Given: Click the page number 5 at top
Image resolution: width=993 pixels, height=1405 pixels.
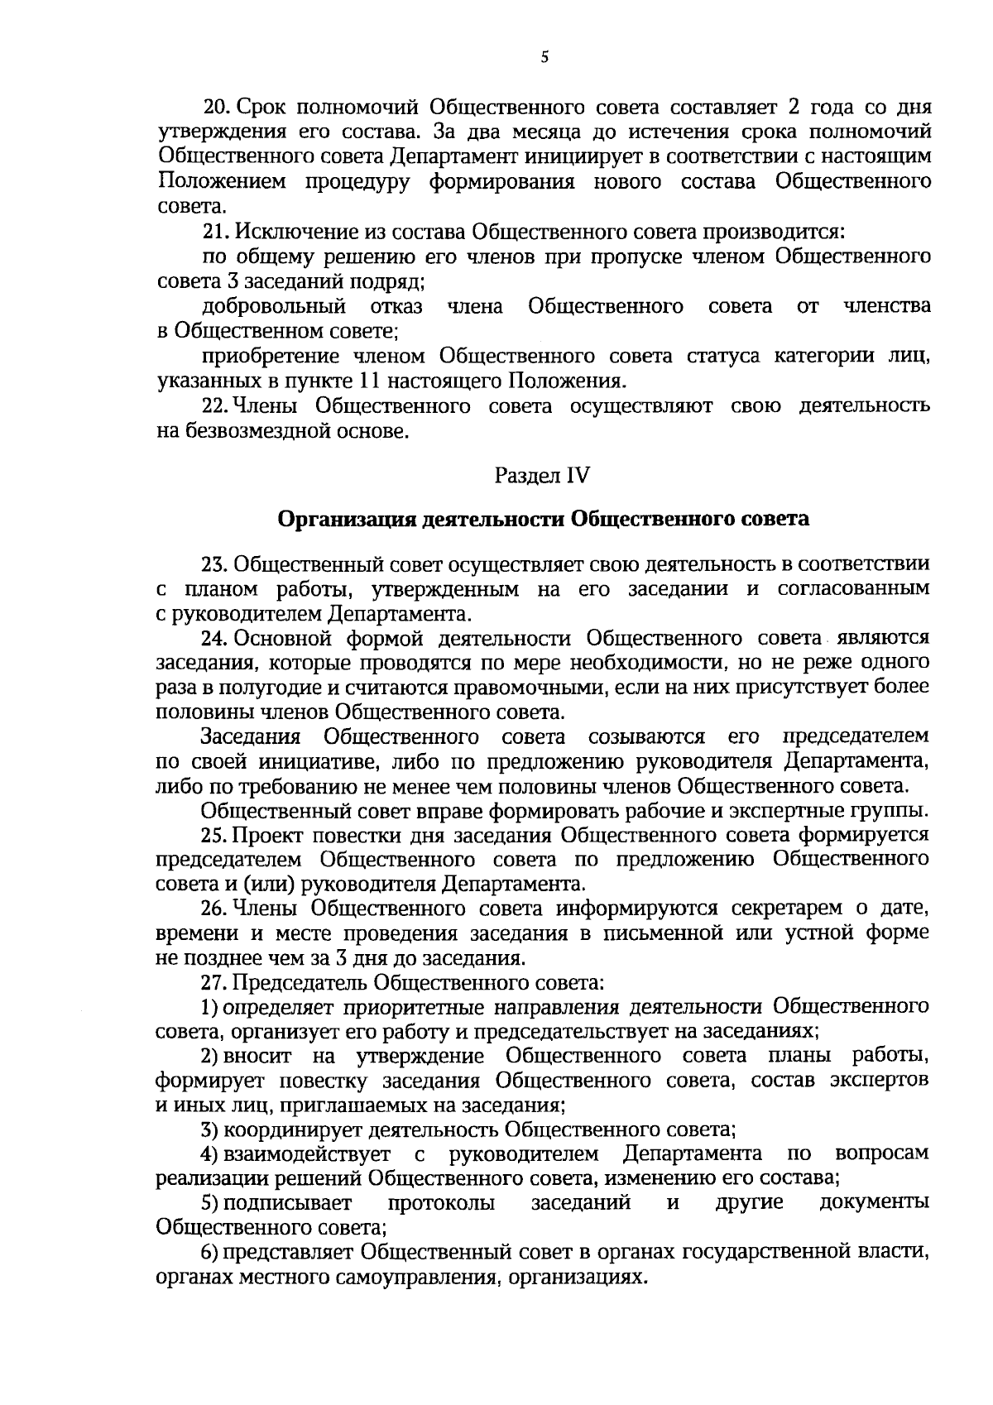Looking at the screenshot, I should (544, 57).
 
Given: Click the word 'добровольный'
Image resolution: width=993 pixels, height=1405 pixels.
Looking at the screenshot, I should (274, 307).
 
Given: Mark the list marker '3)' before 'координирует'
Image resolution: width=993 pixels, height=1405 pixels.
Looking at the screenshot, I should (210, 1129).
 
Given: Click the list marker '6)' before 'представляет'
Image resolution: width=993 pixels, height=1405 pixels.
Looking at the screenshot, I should (210, 1253).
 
